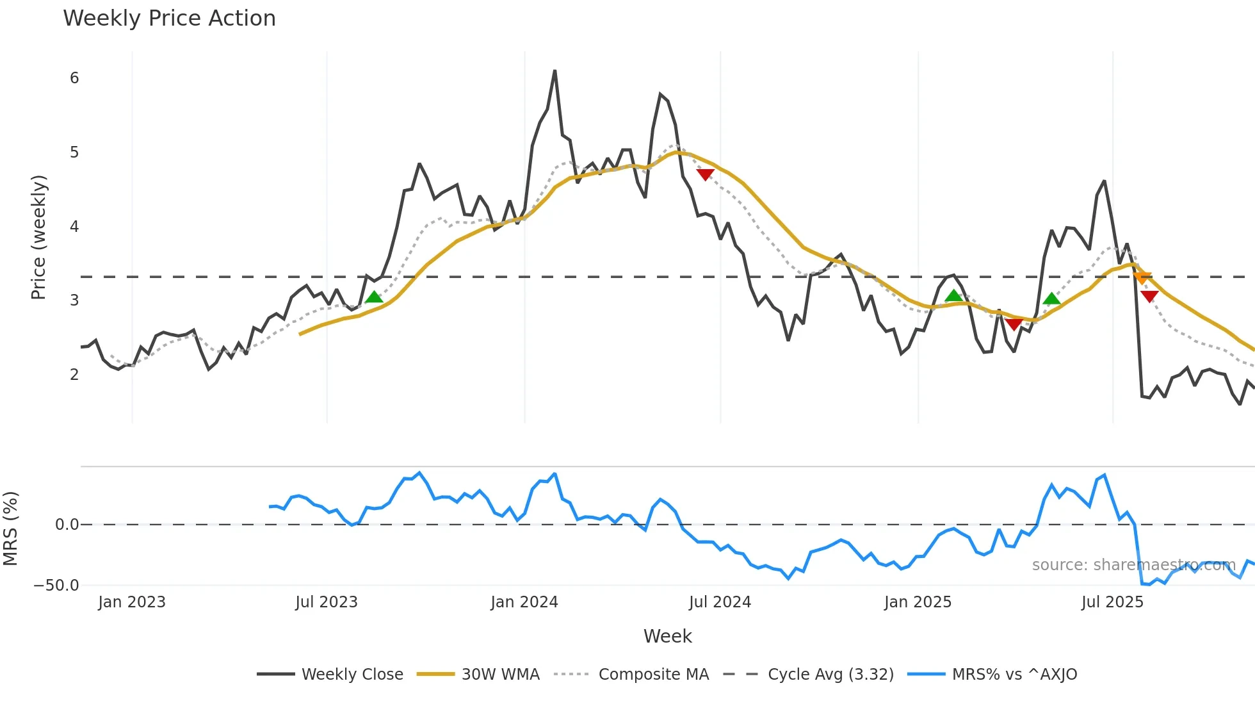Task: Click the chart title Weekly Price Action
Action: pyautogui.click(x=169, y=19)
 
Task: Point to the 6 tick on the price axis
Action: pyautogui.click(x=74, y=78)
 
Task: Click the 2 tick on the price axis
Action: pyautogui.click(x=74, y=375)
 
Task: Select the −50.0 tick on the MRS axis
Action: pyautogui.click(x=56, y=586)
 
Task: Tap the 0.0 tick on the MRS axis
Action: pyautogui.click(x=67, y=525)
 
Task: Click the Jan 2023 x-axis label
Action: pyautogui.click(x=132, y=602)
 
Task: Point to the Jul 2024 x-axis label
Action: pyautogui.click(x=720, y=602)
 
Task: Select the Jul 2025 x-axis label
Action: pyautogui.click(x=1112, y=602)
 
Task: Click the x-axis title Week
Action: pyautogui.click(x=667, y=636)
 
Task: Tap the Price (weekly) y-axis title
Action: pyautogui.click(x=38, y=237)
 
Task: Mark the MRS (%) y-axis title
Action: pyautogui.click(x=10, y=529)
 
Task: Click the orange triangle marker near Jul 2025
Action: pyautogui.click(x=1142, y=277)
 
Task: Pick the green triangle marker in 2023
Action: pyautogui.click(x=374, y=297)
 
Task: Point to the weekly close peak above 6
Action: pyautogui.click(x=555, y=71)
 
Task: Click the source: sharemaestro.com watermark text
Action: pyautogui.click(x=1133, y=565)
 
